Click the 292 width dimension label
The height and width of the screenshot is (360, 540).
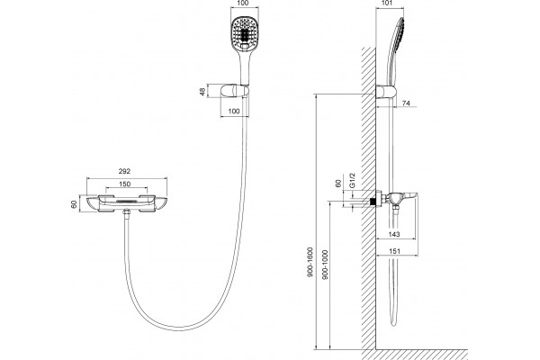point(124,171)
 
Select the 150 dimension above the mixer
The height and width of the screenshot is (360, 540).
point(124,184)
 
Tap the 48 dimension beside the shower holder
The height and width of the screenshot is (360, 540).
point(202,92)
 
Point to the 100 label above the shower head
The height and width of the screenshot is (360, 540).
point(244,4)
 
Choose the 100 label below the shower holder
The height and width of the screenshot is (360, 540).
point(234,111)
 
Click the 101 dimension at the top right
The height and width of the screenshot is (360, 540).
point(387,4)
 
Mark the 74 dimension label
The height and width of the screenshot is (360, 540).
point(407,103)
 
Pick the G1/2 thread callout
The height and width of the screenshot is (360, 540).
point(352,181)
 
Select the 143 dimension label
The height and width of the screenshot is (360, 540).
point(394,234)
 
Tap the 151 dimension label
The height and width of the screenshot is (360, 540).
point(394,251)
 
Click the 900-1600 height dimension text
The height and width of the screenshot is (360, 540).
point(310,263)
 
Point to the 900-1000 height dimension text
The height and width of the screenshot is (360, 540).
point(326,265)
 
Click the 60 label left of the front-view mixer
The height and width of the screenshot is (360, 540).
point(74,204)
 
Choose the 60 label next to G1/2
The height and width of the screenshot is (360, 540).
point(338,184)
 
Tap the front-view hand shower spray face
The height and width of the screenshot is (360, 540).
point(244,33)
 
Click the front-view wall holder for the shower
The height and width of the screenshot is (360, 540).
point(235,91)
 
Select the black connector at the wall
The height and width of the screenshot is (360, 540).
point(372,202)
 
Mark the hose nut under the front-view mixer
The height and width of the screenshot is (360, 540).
point(126,214)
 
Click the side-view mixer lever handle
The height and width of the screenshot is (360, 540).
point(409,197)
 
